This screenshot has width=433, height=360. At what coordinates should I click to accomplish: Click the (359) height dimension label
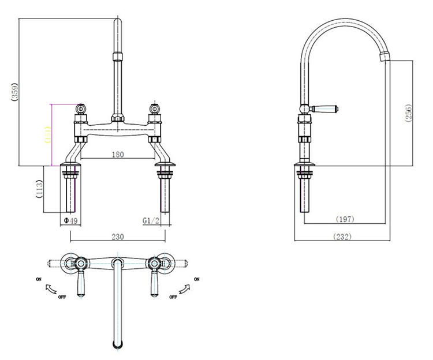pos(14,92)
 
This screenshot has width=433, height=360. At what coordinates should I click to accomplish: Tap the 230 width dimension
pos(117,237)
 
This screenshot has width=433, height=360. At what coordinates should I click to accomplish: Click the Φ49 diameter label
pos(70,220)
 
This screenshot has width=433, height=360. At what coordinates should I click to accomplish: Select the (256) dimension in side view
pos(408,113)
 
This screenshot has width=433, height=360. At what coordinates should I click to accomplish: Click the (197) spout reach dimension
pos(345,219)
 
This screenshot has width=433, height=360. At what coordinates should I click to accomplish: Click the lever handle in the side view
pos(326,108)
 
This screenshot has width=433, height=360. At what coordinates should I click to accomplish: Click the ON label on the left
pos(39,279)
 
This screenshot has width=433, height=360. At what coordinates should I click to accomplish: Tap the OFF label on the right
pos(172,297)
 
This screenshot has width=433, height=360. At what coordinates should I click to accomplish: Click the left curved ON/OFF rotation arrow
pos(51,288)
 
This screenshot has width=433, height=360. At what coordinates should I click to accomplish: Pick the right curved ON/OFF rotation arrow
pos(185,288)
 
